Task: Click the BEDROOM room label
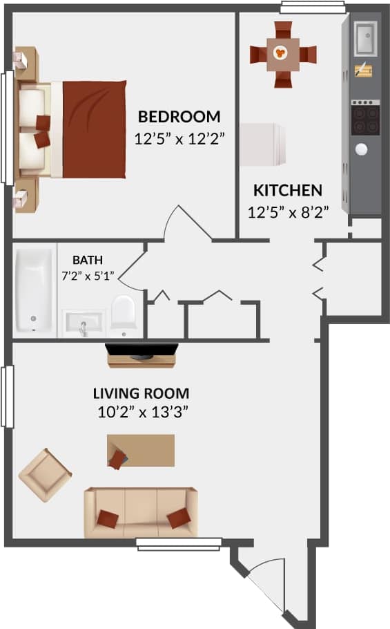(x=179, y=116)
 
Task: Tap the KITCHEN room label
(x=287, y=190)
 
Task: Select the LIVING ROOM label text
(x=142, y=394)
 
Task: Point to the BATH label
(x=88, y=261)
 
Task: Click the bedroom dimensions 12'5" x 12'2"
(x=180, y=138)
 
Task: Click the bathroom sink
(x=84, y=323)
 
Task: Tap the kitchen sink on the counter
(x=365, y=38)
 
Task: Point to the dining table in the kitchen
(x=282, y=54)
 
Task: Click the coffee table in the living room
(x=141, y=451)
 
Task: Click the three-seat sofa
(x=141, y=512)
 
